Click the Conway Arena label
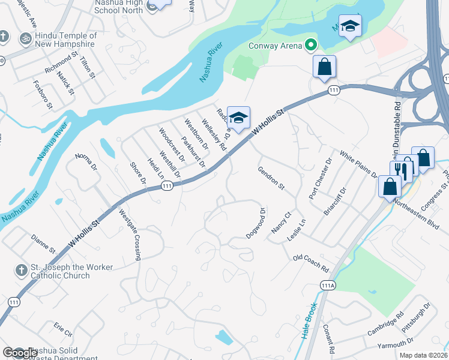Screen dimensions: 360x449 (276, 46)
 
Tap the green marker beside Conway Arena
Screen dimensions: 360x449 (310, 45)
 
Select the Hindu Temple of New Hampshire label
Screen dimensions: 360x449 (65, 40)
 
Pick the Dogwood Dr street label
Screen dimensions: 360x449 (256, 223)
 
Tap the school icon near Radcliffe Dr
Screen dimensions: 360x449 (238, 118)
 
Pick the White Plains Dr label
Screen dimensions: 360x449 (358, 164)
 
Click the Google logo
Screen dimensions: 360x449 (19, 353)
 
